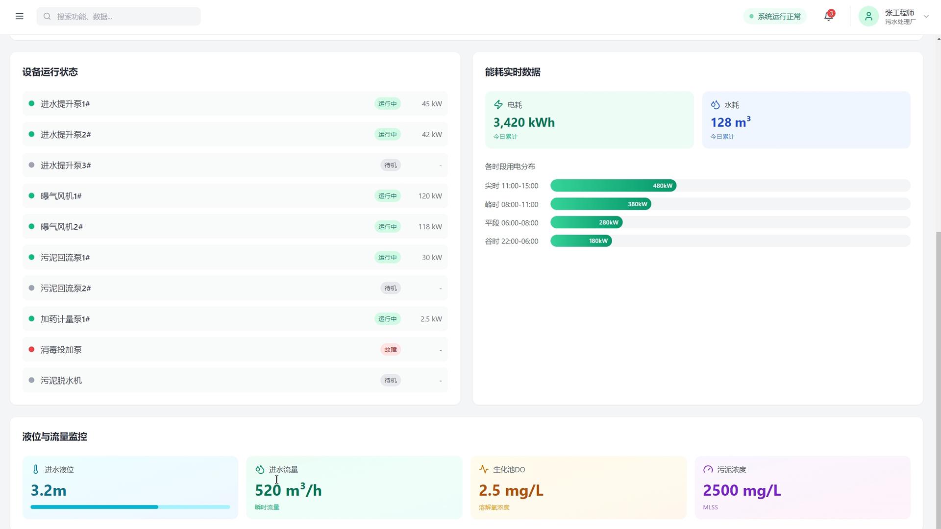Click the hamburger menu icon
[20, 16]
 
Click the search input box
[119, 16]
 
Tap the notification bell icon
[828, 16]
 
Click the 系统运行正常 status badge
[775, 16]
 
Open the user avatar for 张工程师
[868, 16]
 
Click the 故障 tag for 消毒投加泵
[391, 350]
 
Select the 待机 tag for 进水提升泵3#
[391, 165]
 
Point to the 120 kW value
[430, 196]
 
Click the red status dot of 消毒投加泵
[31, 349]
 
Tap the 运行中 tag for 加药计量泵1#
[388, 319]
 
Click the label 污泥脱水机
[61, 381]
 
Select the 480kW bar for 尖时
[613, 186]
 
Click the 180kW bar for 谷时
[581, 241]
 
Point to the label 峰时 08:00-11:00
[512, 204]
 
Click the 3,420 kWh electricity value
[524, 122]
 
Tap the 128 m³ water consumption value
[731, 122]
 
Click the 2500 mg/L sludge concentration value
[742, 490]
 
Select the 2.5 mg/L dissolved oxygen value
[511, 490]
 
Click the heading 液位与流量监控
[54, 436]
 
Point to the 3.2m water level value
[49, 490]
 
